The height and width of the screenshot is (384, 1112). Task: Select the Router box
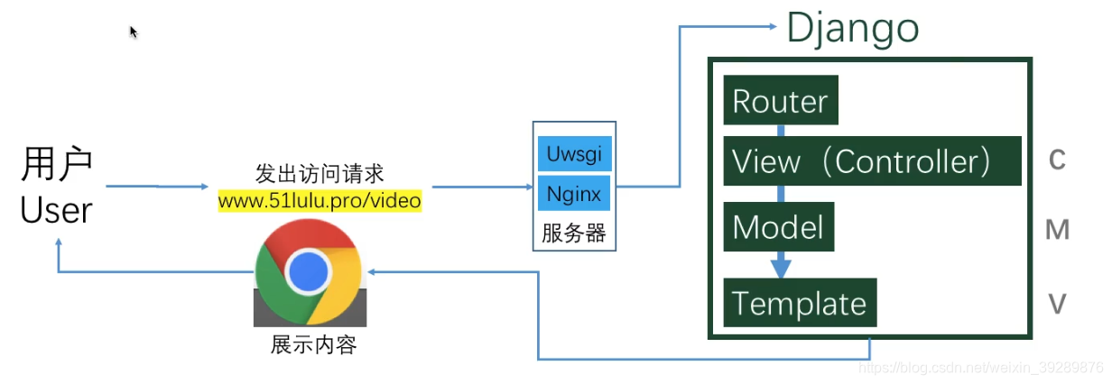781,101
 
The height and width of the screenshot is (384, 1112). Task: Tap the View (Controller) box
872,161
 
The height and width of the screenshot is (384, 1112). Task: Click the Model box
778,226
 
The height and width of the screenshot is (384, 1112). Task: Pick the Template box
800,303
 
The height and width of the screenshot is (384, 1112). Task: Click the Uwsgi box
574,154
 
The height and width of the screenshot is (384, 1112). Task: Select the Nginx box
574,194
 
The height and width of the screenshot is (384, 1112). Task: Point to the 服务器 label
574,233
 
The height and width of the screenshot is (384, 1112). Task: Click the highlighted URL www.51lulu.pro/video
320,200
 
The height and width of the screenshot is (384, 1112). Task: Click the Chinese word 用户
57,167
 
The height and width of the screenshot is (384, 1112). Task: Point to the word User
57,211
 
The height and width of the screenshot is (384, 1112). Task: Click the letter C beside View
1057,160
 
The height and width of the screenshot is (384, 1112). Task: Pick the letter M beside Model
1057,231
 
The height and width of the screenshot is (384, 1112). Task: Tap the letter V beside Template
1057,305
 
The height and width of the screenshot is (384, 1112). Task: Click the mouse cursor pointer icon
134,32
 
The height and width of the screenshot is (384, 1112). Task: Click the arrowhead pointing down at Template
781,268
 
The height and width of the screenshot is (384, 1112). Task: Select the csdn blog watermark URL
979,368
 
